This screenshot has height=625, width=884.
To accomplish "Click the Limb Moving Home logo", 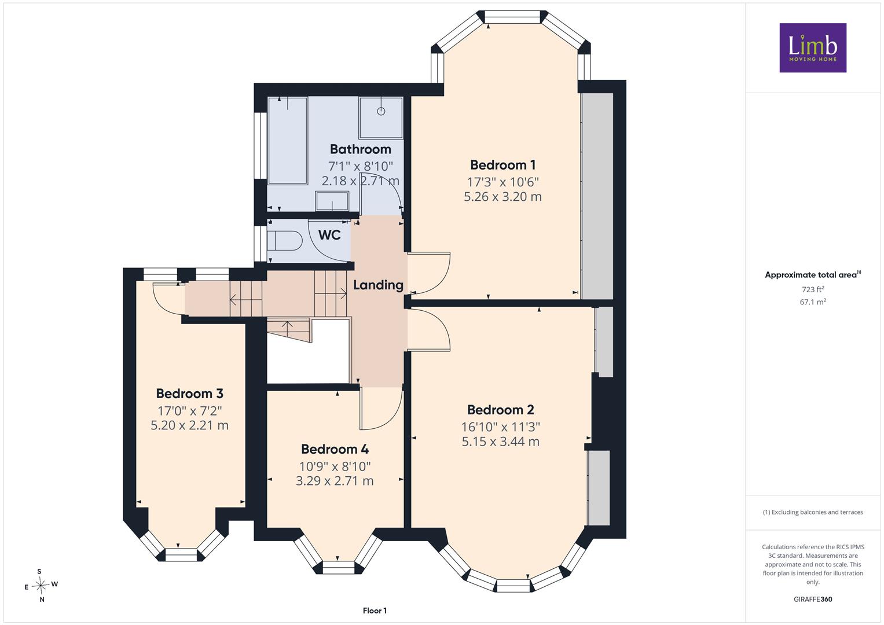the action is (813, 47).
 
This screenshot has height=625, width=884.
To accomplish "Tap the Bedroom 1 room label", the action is (502, 164).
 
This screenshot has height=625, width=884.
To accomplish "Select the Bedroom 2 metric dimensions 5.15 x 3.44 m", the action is (500, 441).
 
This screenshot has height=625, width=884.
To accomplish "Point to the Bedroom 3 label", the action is (189, 394).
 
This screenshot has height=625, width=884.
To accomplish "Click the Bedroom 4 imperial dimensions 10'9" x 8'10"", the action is (335, 466).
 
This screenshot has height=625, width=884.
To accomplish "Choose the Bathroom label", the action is (360, 149).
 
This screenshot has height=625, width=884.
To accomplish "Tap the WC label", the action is (329, 235).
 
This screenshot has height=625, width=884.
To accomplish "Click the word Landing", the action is (378, 285).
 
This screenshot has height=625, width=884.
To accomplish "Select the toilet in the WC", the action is (284, 240).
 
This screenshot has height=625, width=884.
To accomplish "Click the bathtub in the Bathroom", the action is (288, 141).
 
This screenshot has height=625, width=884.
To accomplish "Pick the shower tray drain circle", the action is (381, 111).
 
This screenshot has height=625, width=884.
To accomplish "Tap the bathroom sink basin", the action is (332, 201).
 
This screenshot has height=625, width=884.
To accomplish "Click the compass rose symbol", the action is (41, 584).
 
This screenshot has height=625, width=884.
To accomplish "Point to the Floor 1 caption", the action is (375, 611).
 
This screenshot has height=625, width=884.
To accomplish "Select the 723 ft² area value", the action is (813, 289).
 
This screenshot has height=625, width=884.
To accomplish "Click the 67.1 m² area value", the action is (813, 302).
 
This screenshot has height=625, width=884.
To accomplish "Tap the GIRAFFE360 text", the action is (813, 599).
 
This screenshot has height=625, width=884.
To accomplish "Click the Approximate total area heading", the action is (813, 275).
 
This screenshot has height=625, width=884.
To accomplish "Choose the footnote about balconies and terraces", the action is (813, 512).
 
